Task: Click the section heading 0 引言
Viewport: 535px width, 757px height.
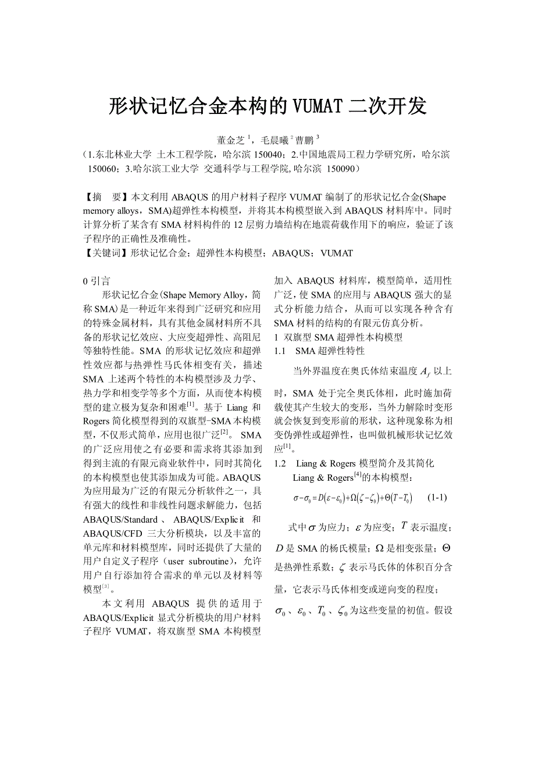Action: [97, 281]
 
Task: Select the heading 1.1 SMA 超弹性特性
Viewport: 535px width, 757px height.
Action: [319, 351]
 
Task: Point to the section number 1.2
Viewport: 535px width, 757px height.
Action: [280, 463]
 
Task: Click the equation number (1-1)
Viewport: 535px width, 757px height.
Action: [437, 498]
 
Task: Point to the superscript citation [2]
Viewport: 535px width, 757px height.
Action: [224, 432]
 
